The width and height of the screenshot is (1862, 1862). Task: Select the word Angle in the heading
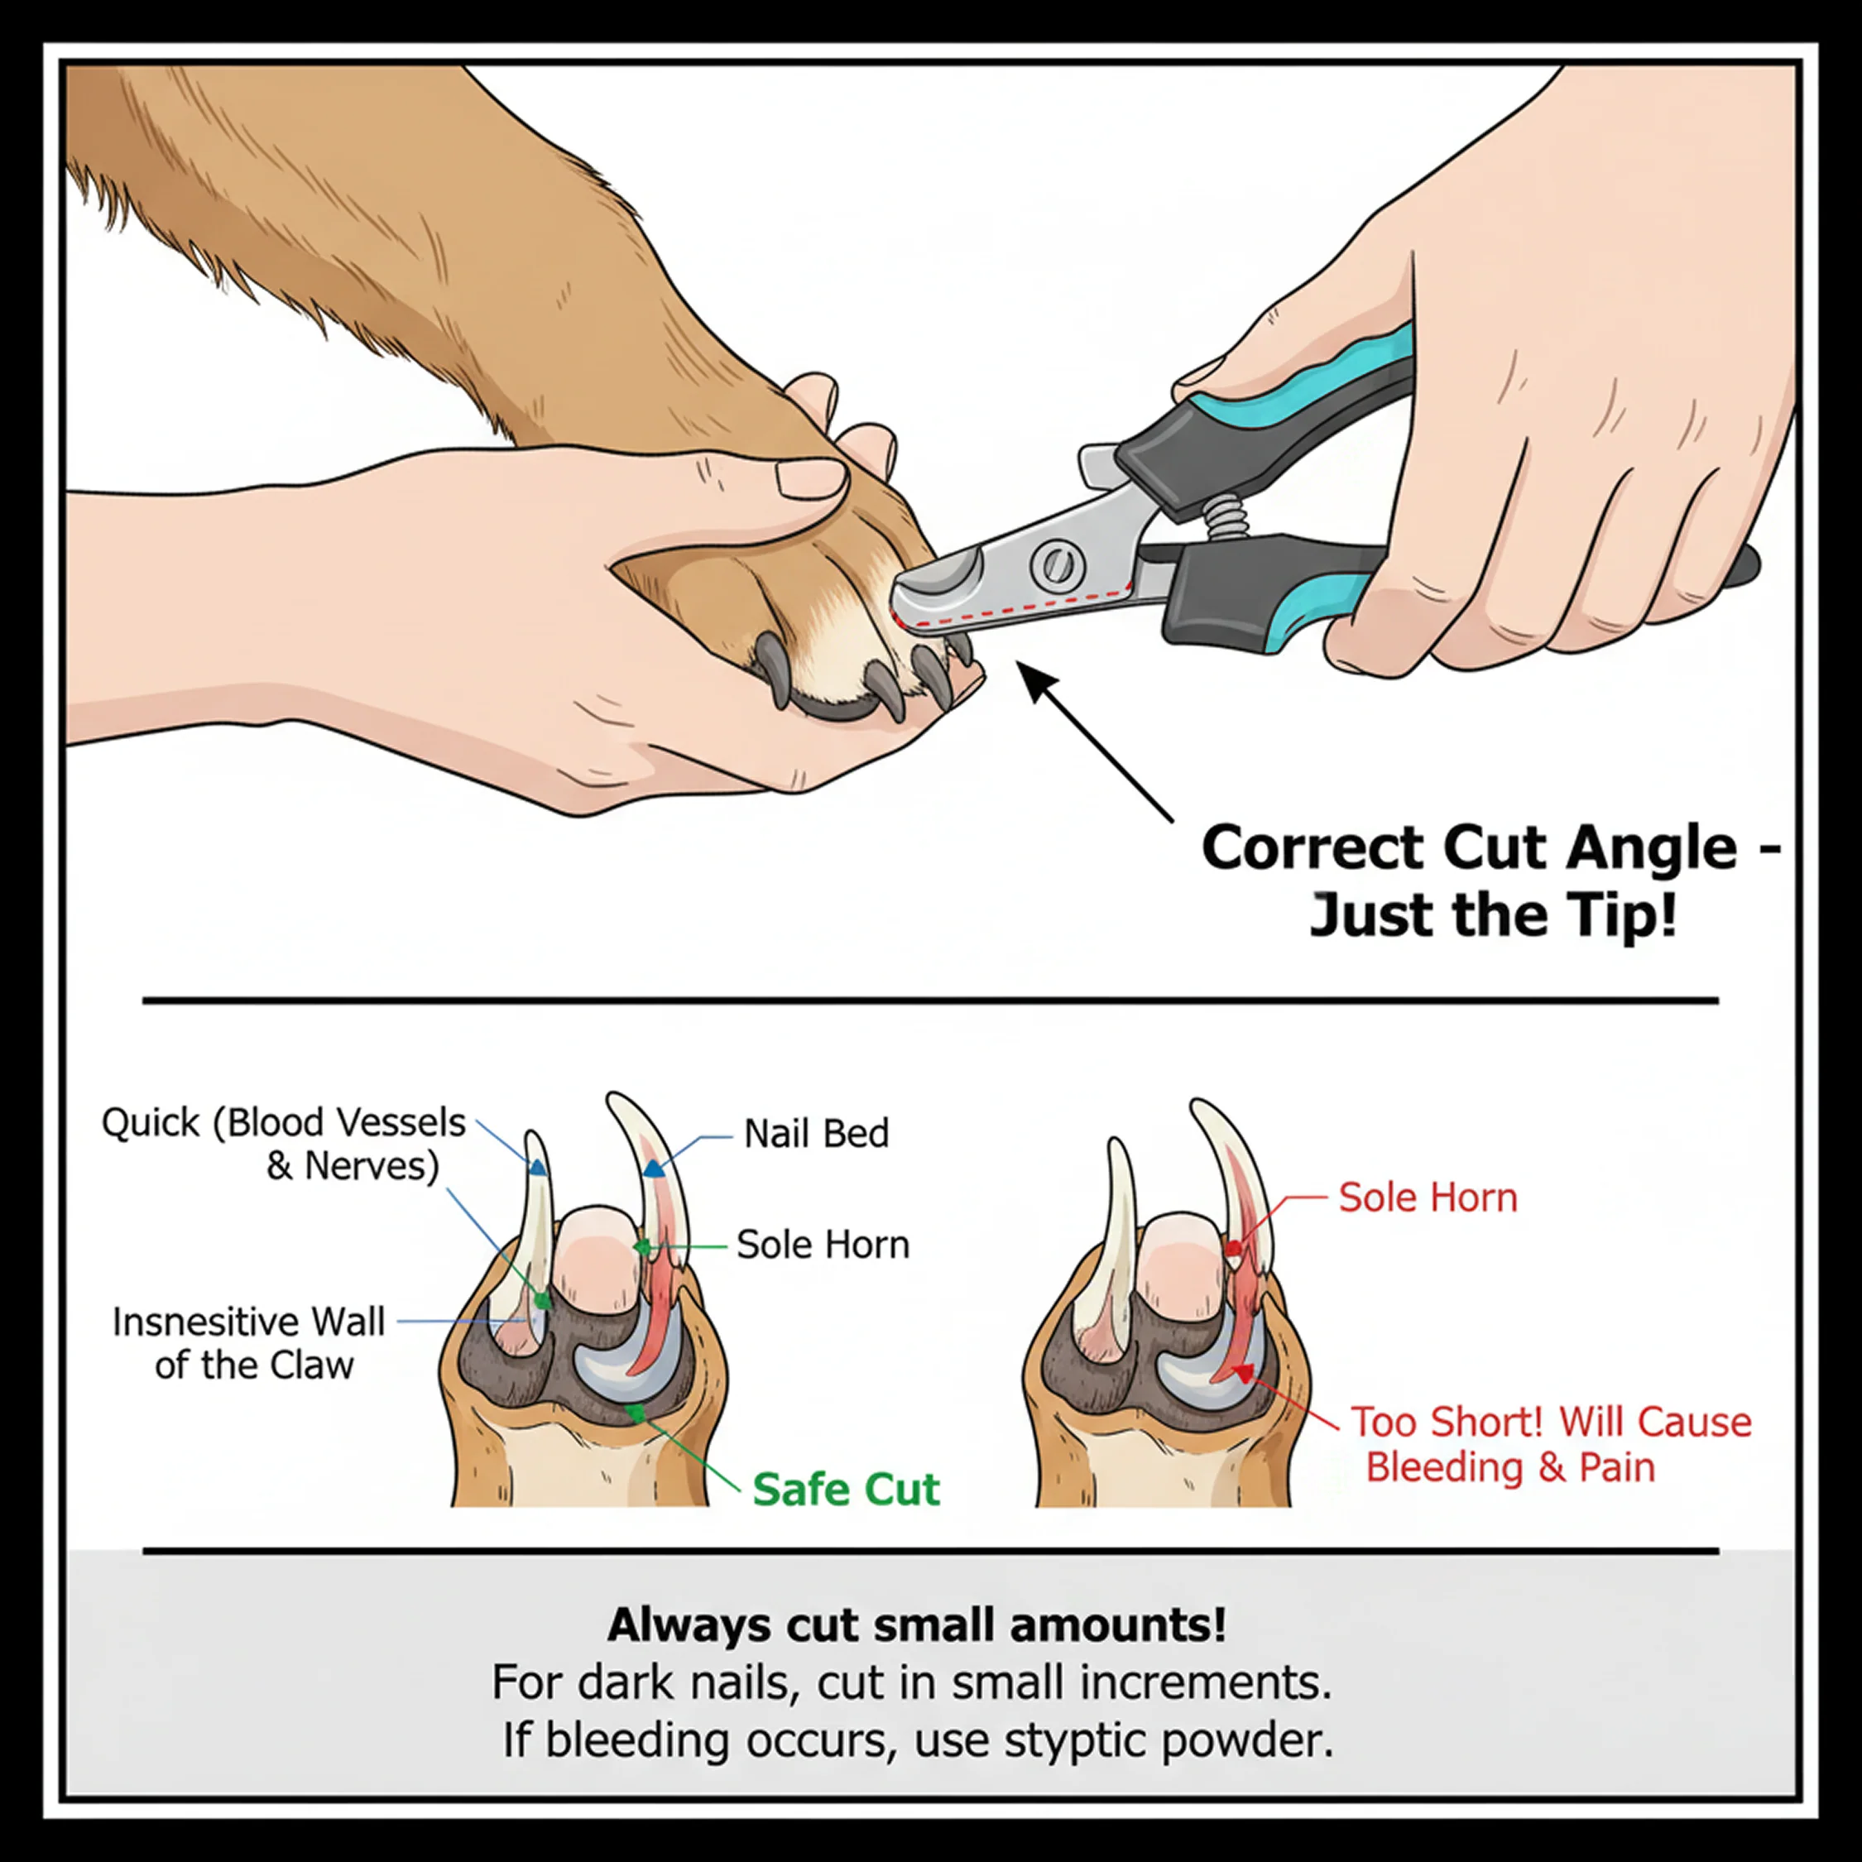1651,850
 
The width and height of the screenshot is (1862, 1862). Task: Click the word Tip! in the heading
1626,915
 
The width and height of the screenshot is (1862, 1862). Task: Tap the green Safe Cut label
845,1489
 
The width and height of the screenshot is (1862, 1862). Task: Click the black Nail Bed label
816,1135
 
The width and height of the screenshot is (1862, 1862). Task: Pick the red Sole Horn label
1428,1198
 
